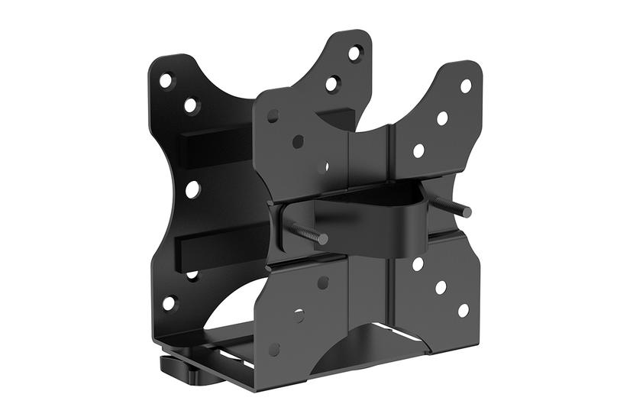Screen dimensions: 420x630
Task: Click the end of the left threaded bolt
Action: [x=323, y=239]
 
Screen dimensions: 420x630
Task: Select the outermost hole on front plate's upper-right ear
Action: [x=465, y=86]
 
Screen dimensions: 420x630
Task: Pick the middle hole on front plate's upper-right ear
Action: [x=442, y=118]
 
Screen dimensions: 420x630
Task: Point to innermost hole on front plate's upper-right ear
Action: [x=418, y=150]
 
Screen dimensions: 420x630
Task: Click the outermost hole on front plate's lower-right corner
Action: [x=464, y=310]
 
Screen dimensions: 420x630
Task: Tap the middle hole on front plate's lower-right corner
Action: [x=441, y=287]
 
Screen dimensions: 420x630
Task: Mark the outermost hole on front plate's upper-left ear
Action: [x=273, y=116]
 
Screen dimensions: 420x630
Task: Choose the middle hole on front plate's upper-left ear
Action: [x=298, y=141]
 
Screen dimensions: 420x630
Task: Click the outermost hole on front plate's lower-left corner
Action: [x=274, y=349]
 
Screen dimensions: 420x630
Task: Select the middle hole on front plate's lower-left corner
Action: [x=299, y=315]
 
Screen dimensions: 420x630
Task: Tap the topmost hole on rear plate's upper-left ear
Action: [x=166, y=79]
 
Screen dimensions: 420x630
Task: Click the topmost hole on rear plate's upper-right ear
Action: [x=355, y=53]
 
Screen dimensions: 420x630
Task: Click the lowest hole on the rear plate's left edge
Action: [x=169, y=303]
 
